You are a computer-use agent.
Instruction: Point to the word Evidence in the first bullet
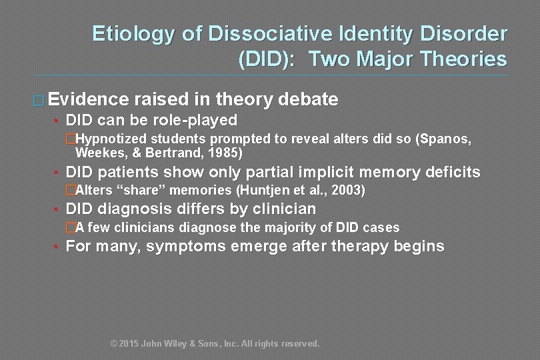[88, 100]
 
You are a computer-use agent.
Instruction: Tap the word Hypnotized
[111, 139]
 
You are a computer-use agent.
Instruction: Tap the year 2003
[347, 191]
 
